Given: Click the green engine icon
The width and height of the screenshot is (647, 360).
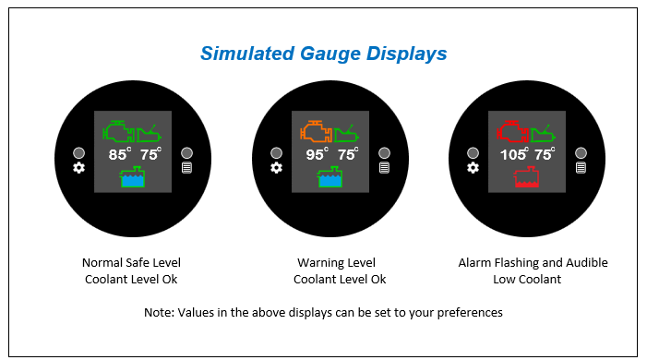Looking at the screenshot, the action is [x=118, y=131].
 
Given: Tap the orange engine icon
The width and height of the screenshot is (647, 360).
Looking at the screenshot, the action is [x=316, y=131].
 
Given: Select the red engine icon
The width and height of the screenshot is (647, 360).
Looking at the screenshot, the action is [x=512, y=131].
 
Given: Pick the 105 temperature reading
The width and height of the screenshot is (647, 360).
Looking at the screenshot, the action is [x=514, y=154].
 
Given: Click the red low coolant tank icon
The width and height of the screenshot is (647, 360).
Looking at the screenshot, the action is [x=526, y=177].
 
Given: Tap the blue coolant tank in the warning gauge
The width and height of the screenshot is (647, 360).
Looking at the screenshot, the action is [x=329, y=177].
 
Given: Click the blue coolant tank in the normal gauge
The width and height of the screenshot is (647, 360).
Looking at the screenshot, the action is [x=133, y=177].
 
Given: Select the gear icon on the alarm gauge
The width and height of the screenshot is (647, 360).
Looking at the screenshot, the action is [x=473, y=168].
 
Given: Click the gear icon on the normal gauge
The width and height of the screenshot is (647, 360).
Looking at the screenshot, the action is [x=78, y=168].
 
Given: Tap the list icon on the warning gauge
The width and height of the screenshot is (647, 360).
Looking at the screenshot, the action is [x=384, y=168].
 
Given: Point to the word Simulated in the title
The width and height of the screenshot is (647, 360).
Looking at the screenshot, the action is [x=247, y=54].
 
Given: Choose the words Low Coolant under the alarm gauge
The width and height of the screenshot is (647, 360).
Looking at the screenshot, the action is [x=527, y=280].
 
